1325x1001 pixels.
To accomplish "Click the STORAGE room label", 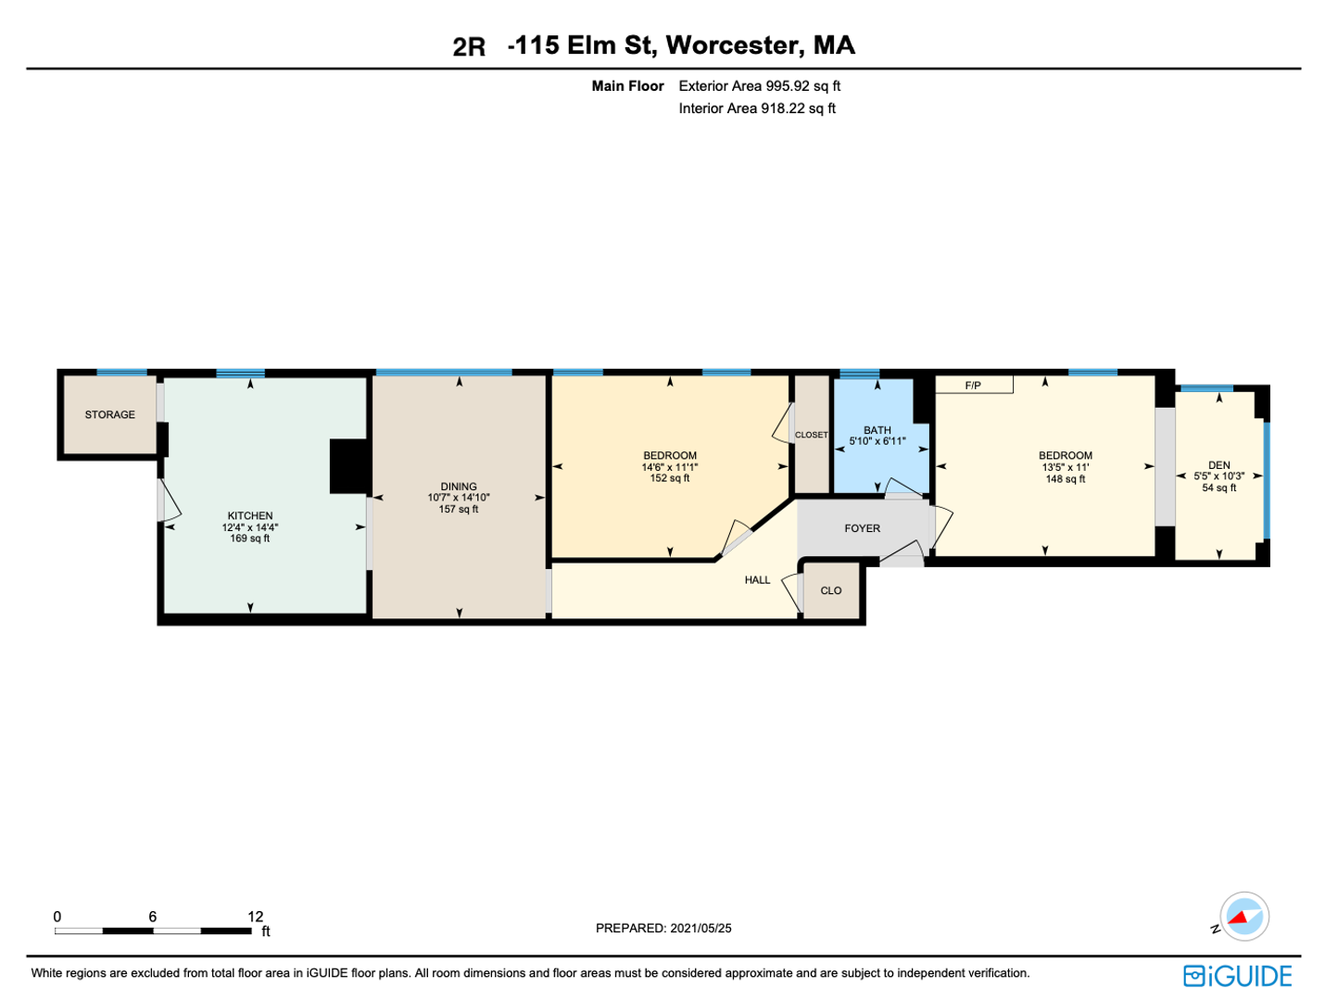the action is (110, 415).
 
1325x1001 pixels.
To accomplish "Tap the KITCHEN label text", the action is (250, 515).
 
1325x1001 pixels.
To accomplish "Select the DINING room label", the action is (459, 487).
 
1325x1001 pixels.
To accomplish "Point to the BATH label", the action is (877, 430).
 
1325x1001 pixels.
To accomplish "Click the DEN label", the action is (1218, 465).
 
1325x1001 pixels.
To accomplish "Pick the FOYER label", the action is (862, 528).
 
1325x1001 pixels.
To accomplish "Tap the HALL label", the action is (757, 580).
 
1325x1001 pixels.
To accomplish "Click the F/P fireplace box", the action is (974, 385).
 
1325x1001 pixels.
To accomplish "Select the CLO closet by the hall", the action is (831, 590).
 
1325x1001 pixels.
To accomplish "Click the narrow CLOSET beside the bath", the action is (812, 434).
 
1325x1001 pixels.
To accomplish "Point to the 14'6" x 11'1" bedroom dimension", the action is (669, 467).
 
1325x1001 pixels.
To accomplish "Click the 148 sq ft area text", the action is (1066, 479).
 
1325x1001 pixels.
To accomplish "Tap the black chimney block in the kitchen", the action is (348, 466).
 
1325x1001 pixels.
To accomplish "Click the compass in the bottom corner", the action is (1244, 916).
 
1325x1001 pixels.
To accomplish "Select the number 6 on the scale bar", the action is (153, 917).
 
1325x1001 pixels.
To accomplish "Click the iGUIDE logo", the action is (1238, 976).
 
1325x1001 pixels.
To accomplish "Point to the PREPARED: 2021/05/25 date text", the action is (663, 928).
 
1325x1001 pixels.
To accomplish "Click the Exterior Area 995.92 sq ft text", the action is (760, 85).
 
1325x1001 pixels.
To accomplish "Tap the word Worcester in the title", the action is (735, 46).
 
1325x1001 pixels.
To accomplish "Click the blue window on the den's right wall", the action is (1267, 480).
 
